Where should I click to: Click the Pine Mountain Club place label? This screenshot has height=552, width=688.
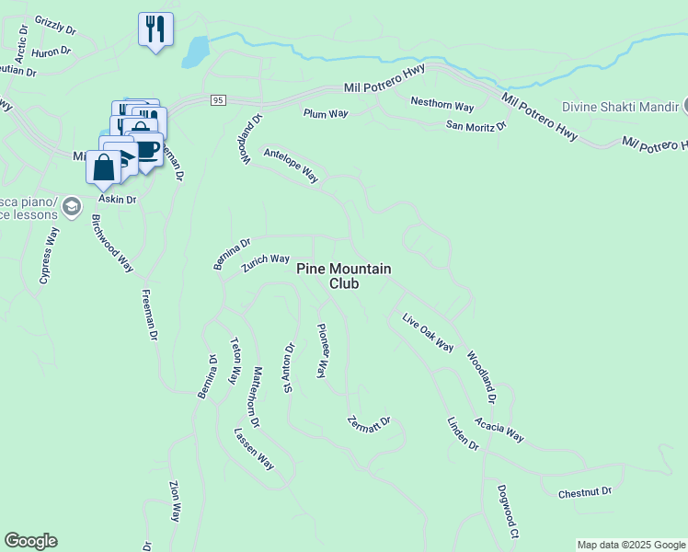point(344,276)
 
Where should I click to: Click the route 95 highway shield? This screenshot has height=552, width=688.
point(217,100)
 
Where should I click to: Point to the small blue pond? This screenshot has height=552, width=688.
point(195,52)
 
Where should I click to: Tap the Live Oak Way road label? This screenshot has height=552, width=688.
point(428,332)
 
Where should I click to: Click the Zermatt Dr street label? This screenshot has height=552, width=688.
point(369,425)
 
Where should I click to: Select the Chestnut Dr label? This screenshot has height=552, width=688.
point(585,493)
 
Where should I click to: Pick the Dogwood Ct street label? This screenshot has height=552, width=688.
point(509,512)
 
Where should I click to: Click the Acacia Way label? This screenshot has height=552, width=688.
point(499,429)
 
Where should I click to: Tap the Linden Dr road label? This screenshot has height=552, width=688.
point(463,432)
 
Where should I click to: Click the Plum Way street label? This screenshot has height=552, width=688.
point(326,114)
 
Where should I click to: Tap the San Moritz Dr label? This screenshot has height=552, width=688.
point(476,125)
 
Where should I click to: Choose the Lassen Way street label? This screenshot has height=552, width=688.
point(254,449)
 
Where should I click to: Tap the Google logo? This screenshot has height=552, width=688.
point(30,541)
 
